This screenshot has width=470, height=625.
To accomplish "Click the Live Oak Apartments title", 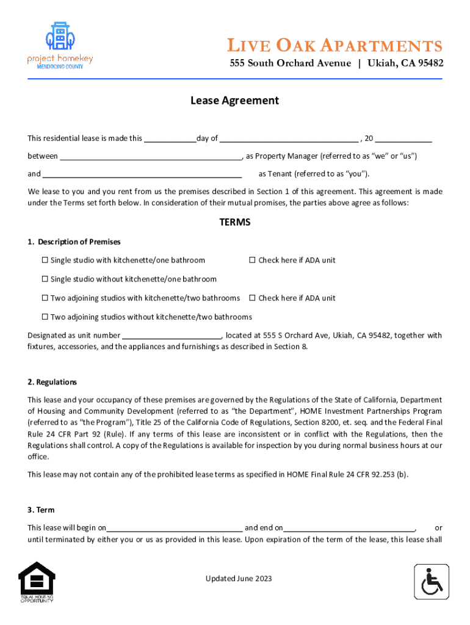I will tap(336, 46).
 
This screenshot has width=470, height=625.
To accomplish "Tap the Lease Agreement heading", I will tap(234, 101).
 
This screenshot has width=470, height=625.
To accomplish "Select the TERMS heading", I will tap(234, 223).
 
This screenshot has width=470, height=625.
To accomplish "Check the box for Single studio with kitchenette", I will tap(45, 261).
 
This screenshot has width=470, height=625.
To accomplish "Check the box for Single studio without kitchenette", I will tap(45, 280).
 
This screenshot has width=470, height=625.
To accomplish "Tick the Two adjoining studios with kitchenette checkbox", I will tap(45, 298).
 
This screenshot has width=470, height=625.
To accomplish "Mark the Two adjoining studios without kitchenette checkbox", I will tap(45, 317).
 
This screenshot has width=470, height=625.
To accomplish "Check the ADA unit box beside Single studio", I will tap(252, 261).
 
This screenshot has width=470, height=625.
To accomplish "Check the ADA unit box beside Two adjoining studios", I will tap(252, 298).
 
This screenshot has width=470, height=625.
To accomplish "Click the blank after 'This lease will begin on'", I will tap(175, 528).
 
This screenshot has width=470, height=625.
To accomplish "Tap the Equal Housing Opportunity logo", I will tap(37, 582).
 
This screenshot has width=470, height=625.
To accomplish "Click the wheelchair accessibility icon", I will tap(432, 582).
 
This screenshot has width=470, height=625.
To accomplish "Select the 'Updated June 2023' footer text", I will tap(239, 579).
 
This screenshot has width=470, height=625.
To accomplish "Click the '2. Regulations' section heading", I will tap(52, 382).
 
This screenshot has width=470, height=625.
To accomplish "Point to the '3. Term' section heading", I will tap(41, 510).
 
